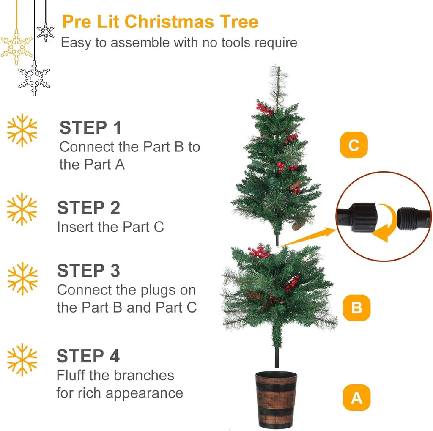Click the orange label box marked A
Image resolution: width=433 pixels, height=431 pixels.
356,398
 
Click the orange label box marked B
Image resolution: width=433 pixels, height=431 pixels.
356,307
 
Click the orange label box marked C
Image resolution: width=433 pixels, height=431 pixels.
354,145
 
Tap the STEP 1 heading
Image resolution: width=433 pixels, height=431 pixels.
90,127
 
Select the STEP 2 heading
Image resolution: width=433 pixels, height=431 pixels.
89,208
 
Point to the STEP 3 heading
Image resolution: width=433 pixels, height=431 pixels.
89,270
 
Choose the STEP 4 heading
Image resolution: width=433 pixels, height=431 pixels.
88,356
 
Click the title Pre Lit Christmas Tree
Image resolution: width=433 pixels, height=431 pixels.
160,22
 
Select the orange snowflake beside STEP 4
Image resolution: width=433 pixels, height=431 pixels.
22,360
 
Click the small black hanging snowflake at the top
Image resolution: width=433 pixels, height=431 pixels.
46,32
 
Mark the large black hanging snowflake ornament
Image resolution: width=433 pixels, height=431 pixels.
34,78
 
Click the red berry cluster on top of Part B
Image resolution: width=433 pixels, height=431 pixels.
259,252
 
